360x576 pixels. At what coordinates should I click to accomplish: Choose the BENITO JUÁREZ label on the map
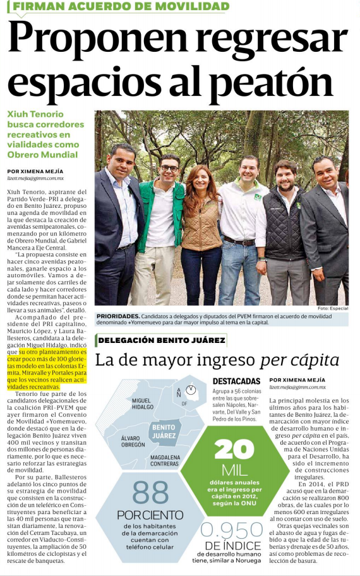[x=164, y=431]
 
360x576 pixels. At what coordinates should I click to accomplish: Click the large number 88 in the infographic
[x=150, y=493]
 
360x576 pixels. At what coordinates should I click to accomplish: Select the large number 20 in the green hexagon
[x=234, y=449]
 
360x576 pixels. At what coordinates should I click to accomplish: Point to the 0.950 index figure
[x=231, y=530]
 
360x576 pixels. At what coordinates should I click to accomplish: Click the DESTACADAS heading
[x=237, y=381]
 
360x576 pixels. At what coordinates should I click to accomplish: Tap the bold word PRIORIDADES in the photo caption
[x=117, y=315]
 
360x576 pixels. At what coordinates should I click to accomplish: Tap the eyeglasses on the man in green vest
[x=169, y=168]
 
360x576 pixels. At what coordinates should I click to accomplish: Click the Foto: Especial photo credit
[x=332, y=308]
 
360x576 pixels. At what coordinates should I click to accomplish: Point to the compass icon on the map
[x=190, y=390]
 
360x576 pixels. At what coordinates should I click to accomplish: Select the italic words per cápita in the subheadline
[x=299, y=361]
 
